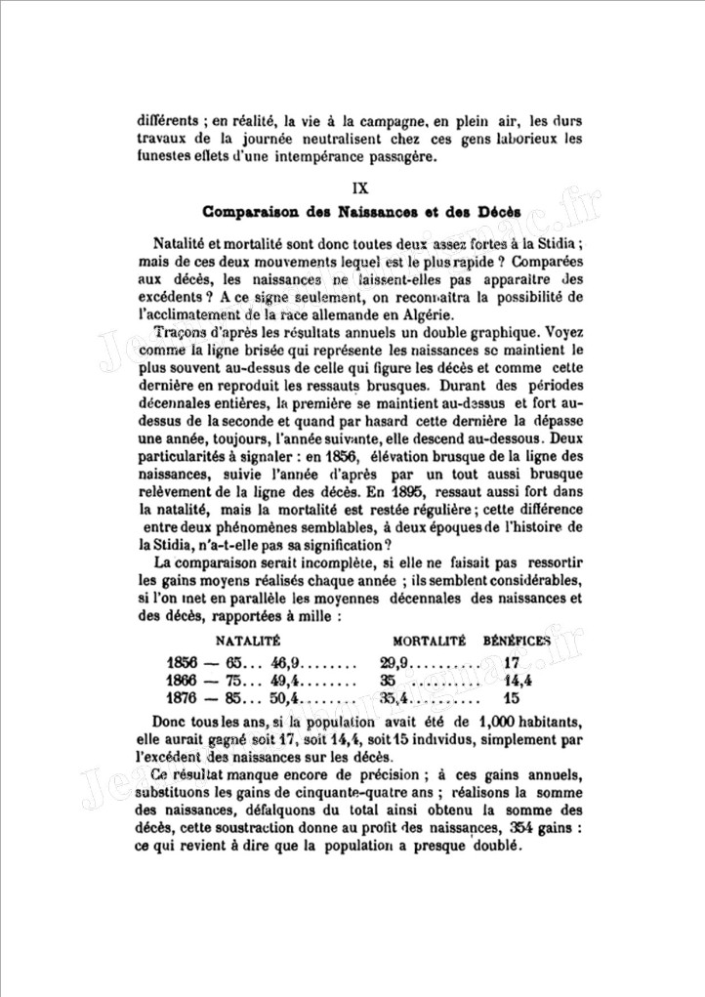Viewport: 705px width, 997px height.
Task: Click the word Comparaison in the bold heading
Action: [245, 212]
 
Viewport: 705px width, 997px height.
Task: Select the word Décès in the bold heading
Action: [498, 212]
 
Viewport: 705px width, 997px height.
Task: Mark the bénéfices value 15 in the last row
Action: [511, 698]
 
